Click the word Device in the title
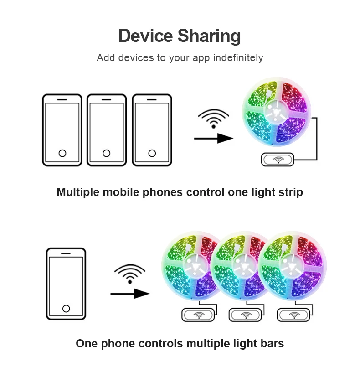coord(145,36)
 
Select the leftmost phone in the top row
coord(62,130)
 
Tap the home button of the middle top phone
coord(107,153)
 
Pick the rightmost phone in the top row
coord(152,130)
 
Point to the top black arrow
coord(213,138)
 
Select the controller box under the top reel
coord(278,160)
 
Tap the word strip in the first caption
coord(290,192)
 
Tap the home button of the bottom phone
coord(66,309)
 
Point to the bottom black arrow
coord(130,294)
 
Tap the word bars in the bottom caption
coord(271,343)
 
